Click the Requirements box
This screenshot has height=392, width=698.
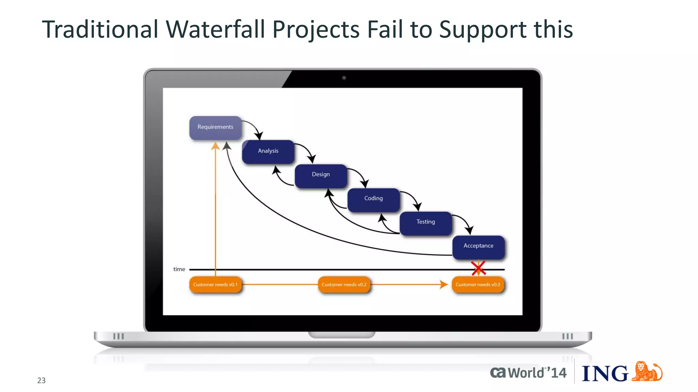pos(215,127)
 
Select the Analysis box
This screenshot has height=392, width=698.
pos(268,151)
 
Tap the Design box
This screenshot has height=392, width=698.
pos(321,175)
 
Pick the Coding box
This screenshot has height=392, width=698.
pos(374,199)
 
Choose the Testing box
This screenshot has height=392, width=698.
pos(426,222)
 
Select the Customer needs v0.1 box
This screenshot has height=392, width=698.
pos(215,285)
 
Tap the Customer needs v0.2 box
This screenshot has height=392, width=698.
pos(344,285)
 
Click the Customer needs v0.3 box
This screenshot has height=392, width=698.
pos(478,285)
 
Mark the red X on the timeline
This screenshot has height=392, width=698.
pos(479,268)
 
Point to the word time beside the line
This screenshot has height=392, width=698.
pos(179,269)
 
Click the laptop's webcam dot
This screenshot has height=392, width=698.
pos(344,78)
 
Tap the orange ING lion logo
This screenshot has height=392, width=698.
pos(647,372)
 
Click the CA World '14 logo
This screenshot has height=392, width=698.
pos(528,373)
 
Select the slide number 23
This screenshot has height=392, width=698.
pos(41,380)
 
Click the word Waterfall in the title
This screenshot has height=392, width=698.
pos(215,30)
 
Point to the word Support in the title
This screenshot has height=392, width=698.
pos(483,30)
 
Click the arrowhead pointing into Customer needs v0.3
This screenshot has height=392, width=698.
pos(444,284)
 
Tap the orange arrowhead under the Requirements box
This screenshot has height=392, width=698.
pos(215,146)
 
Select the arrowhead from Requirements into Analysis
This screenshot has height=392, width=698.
pos(259,136)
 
